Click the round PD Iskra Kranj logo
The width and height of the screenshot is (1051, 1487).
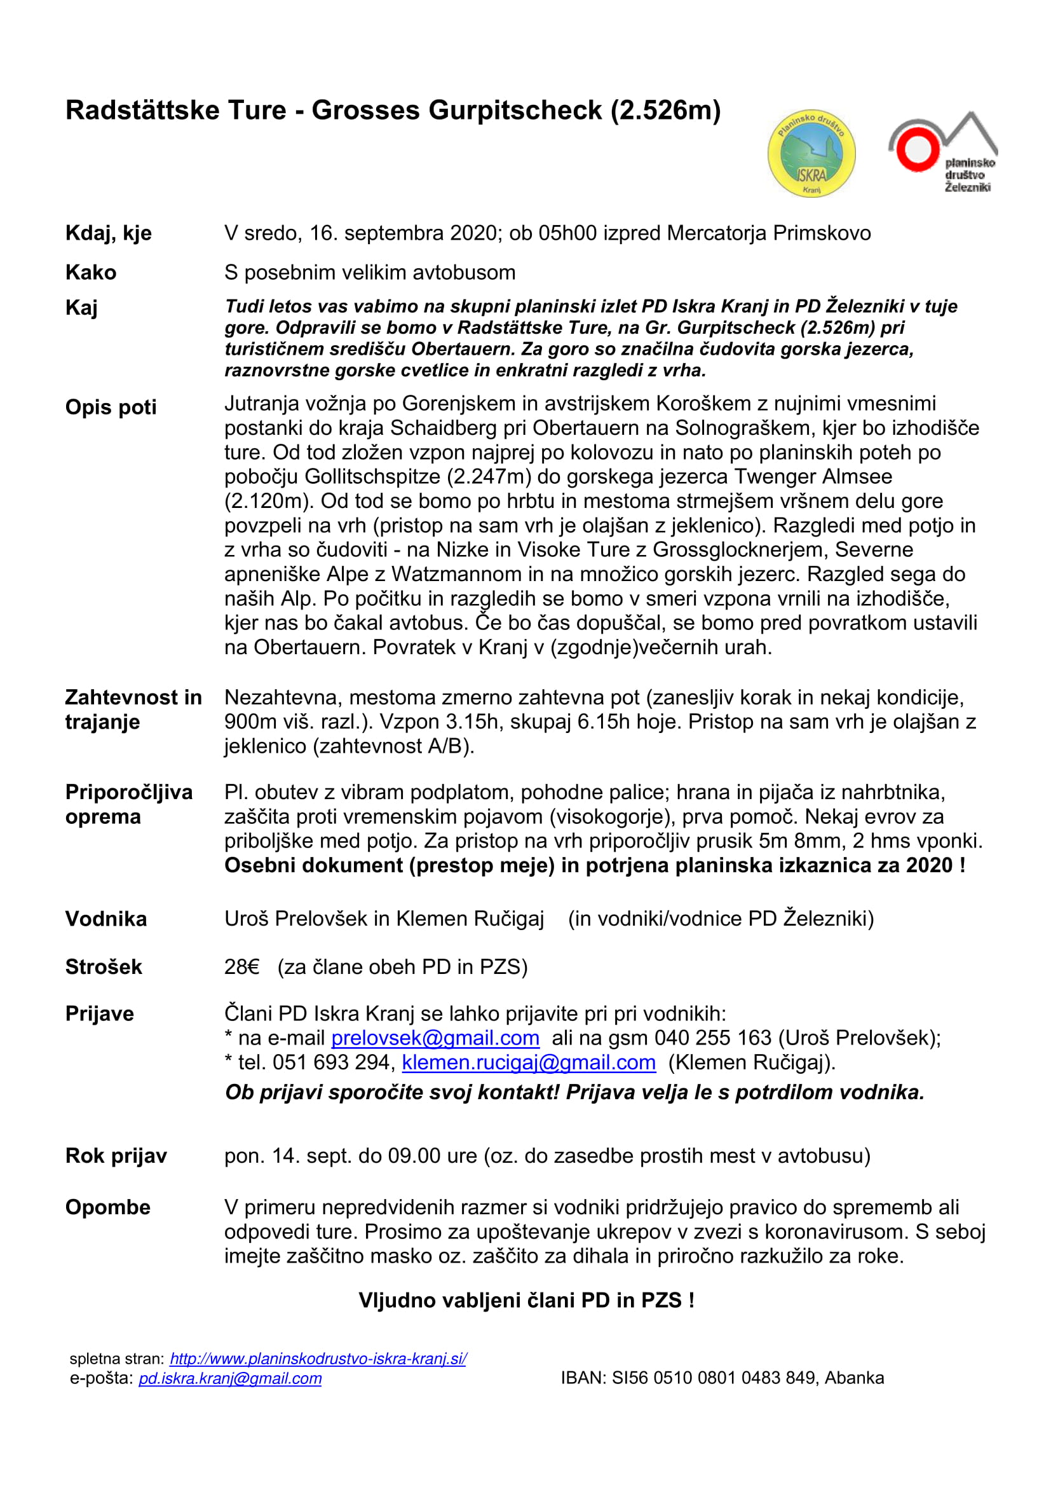[811, 153]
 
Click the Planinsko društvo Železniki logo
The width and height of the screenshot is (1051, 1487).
[942, 153]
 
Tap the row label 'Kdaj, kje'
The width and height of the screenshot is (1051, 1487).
[108, 233]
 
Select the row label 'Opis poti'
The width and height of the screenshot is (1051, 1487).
[111, 408]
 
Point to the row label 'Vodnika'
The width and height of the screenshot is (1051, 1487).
[106, 919]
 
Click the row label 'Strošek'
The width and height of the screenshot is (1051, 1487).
[104, 967]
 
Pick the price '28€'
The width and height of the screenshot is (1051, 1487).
[241, 967]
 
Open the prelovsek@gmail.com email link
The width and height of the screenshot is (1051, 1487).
[435, 1038]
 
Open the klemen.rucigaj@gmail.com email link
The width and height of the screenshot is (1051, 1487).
[528, 1063]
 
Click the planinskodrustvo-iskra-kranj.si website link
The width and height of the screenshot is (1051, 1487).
[318, 1359]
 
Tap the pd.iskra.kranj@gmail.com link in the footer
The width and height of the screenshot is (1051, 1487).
[230, 1378]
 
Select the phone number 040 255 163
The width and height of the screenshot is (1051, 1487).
[712, 1038]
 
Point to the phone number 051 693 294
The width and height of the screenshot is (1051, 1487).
[332, 1063]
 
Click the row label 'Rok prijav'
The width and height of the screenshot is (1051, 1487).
[116, 1156]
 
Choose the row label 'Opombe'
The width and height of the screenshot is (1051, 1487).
[107, 1208]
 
